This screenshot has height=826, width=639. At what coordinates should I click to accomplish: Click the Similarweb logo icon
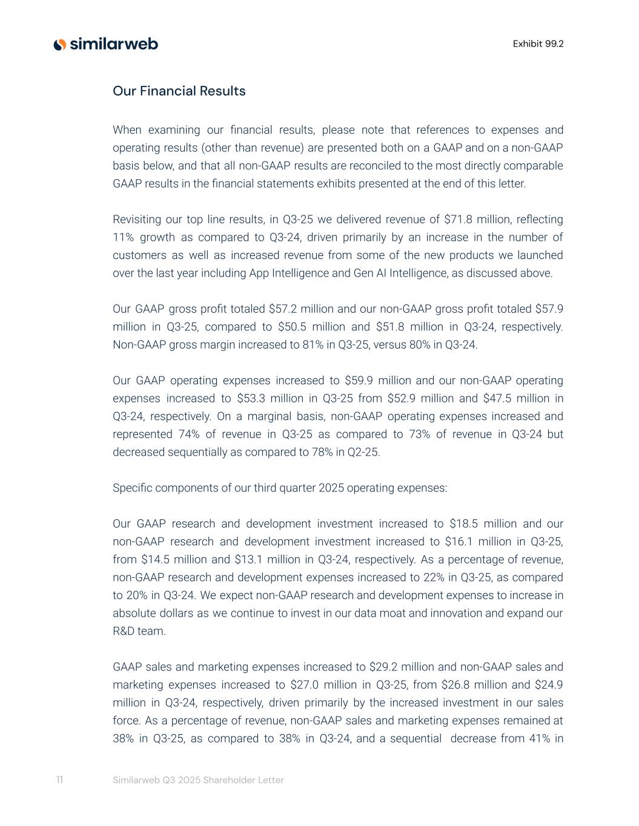coord(59,44)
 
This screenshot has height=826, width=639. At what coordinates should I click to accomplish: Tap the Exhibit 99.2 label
coord(538,44)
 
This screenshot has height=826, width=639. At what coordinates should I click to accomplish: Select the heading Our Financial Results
coord(179,91)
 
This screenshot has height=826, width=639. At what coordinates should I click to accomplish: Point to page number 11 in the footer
coord(59,779)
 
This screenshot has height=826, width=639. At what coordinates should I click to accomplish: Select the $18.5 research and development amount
coord(463,523)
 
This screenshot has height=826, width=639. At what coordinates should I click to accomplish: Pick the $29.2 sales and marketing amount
coord(383,667)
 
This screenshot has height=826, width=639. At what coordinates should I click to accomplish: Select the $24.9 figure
coord(549,685)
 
